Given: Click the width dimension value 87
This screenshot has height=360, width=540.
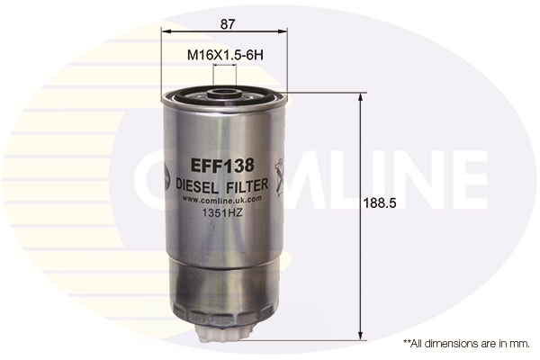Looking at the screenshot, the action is pos(228,24).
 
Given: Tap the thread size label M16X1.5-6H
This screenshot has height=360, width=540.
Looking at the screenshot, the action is pos(225,55).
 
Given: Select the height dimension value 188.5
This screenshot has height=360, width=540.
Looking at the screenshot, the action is pos(380,203).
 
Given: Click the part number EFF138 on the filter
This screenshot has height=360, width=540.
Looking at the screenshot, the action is pos(222,166).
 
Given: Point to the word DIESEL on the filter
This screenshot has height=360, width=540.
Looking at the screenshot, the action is pos(196,186).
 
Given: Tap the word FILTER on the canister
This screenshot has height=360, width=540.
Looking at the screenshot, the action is pos(247,185).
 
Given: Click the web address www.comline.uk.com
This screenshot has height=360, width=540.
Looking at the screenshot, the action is pos(221,200).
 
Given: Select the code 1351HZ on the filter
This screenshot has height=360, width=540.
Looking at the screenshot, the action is pos(222,213).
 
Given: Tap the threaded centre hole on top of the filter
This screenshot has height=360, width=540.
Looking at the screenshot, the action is pos(224,93).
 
